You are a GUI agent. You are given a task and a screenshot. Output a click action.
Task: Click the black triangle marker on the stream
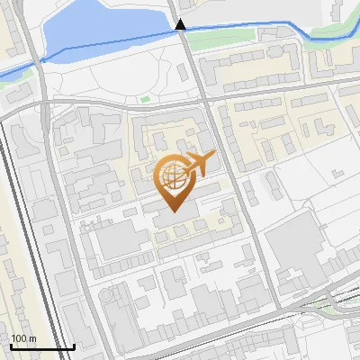[181, 25]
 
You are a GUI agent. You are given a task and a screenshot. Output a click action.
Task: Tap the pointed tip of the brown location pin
[174, 211]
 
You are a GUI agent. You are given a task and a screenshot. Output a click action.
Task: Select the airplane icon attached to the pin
[201, 163]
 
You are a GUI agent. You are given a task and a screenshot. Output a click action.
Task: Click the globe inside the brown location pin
[174, 175]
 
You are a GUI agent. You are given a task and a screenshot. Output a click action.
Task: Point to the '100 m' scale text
[23, 339]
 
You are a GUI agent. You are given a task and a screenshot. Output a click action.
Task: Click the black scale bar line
[42, 346]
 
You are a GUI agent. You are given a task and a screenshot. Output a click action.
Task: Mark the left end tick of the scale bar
[10, 345]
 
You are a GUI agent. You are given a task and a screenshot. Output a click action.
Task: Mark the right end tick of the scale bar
[75, 345]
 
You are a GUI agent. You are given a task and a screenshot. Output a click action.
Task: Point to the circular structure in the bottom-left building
[118, 296]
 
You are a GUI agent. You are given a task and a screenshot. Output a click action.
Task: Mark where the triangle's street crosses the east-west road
[197, 93]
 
